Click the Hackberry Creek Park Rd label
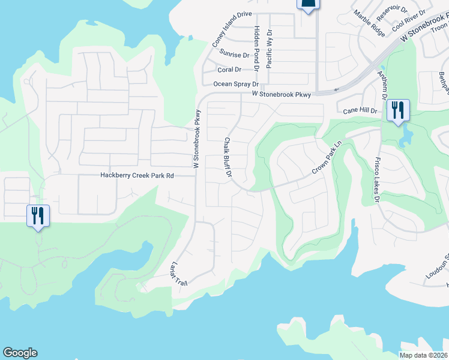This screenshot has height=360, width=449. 136,175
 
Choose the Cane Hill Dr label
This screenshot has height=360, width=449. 360,111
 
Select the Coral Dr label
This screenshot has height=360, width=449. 229,70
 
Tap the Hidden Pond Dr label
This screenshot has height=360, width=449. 256,49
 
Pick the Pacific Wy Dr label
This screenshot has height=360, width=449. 270,48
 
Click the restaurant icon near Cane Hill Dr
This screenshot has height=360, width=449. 397,110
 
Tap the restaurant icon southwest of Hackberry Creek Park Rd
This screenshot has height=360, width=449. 37,215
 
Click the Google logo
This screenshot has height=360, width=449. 20,353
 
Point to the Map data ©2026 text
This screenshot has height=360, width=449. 424,355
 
